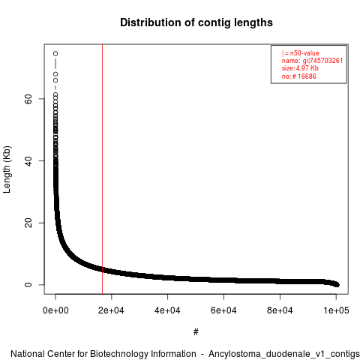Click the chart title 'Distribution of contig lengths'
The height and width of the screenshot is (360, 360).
(196, 22)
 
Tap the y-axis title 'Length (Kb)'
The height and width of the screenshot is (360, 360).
(7, 169)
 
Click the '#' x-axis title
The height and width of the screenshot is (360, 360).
(196, 332)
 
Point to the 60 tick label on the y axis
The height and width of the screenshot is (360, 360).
(28, 99)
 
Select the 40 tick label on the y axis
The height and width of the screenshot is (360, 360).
(28, 161)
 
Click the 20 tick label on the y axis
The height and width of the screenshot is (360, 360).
(28, 223)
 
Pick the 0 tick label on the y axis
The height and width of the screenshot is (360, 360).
(28, 285)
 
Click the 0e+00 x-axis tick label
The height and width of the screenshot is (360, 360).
(55, 310)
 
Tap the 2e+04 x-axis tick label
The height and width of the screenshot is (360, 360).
(112, 310)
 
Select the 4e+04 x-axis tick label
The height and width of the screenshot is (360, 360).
(167, 310)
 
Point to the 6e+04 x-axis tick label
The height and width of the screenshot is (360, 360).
(223, 310)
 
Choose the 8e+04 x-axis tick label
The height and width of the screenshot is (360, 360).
(280, 310)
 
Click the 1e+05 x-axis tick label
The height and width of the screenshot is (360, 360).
(336, 310)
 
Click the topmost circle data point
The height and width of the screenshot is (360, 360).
(55, 53)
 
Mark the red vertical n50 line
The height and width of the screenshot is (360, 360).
(103, 169)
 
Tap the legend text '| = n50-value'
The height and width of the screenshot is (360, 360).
(301, 53)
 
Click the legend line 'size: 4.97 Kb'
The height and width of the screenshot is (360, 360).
(300, 68)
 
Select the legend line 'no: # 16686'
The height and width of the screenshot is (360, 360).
(299, 76)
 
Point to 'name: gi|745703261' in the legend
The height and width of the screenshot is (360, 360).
(312, 61)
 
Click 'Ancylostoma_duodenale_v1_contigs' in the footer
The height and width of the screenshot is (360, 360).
(284, 354)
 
